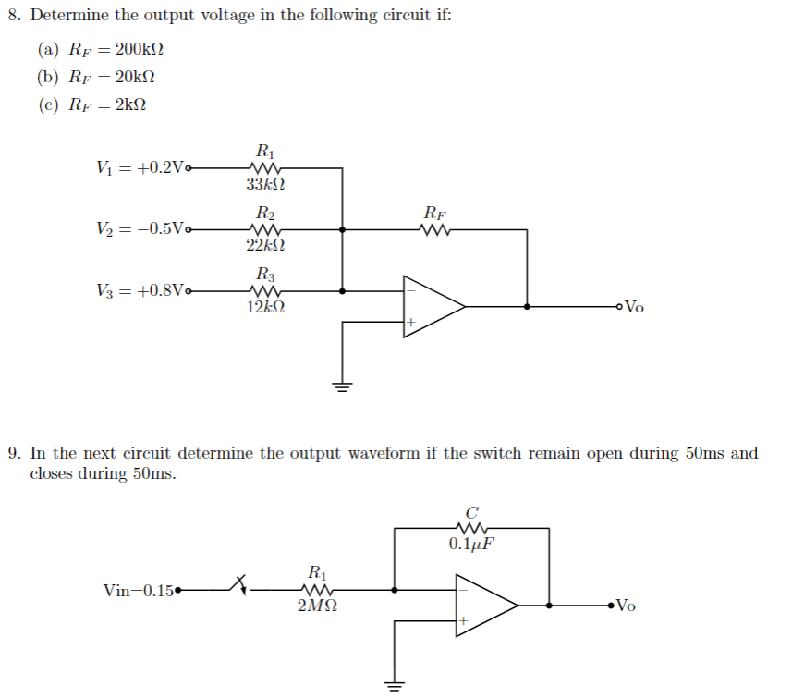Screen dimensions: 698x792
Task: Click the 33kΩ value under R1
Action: coord(265,185)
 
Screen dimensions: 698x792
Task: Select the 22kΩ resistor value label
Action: coord(265,245)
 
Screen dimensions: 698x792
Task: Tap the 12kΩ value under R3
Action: coord(265,306)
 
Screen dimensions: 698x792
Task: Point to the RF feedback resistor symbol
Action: coord(434,230)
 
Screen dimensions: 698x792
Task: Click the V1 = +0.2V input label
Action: coord(140,168)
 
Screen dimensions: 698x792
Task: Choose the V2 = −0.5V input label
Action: coord(140,229)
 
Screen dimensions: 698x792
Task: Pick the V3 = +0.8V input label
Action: coord(140,290)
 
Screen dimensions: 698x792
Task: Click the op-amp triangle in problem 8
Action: coord(429,306)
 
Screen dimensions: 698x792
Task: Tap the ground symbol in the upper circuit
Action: coord(343,387)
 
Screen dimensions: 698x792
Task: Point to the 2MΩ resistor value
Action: coord(317,606)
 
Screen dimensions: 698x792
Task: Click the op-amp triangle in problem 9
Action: coord(482,605)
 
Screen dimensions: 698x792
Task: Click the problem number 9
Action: coord(13,453)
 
